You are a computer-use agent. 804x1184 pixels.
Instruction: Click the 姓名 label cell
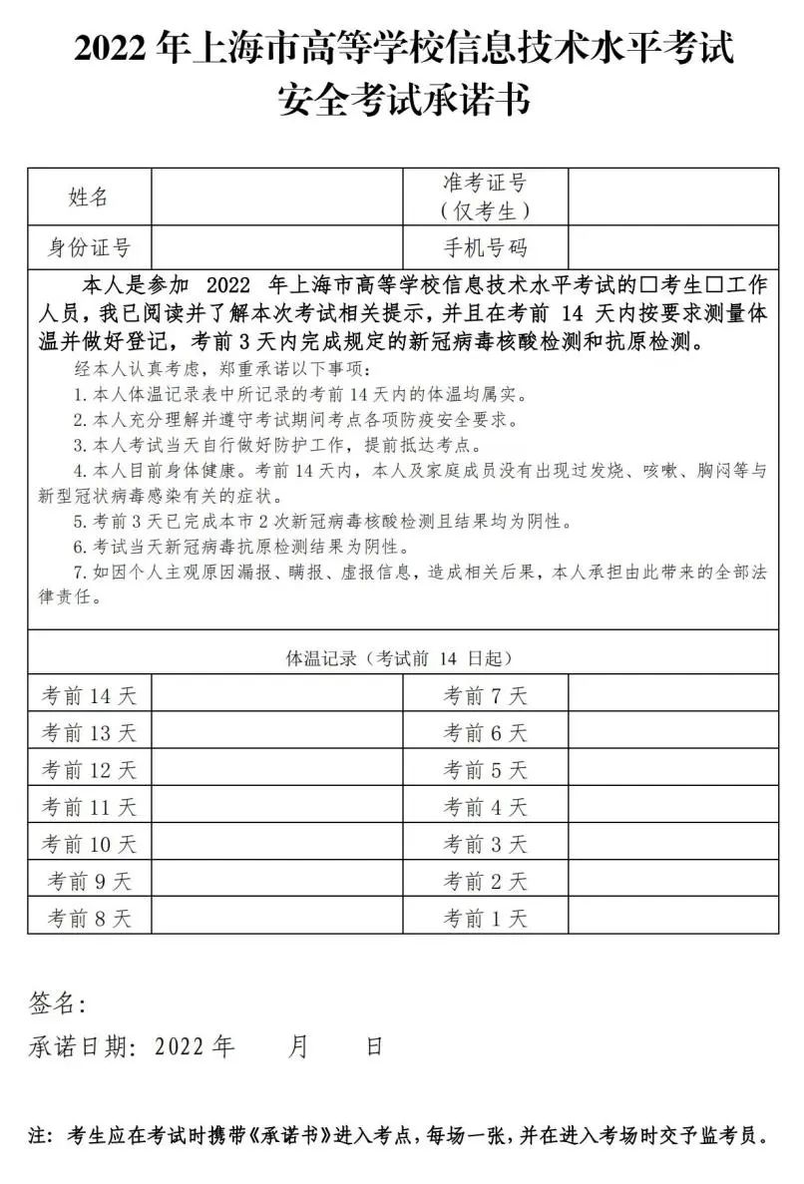point(89,197)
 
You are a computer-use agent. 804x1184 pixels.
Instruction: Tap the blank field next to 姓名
point(277,197)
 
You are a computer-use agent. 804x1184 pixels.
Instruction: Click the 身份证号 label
point(89,247)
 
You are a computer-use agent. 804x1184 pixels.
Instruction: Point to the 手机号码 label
point(485,247)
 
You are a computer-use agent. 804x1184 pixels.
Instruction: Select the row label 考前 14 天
point(89,695)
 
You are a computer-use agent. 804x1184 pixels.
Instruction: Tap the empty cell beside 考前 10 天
point(277,844)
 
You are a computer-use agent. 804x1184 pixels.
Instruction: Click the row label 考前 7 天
point(485,695)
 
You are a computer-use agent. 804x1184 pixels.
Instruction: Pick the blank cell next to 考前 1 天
point(672,918)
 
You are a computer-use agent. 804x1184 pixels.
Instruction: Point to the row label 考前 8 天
point(89,918)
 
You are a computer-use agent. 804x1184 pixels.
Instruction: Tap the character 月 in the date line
point(297,1046)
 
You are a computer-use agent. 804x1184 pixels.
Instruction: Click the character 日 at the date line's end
point(374,1046)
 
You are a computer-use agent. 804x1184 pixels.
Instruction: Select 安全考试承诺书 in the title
point(402,99)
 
